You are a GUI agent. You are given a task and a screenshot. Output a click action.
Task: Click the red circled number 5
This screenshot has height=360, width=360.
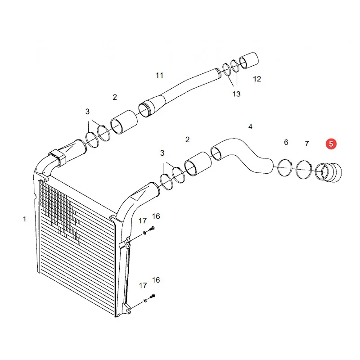(x=331, y=144)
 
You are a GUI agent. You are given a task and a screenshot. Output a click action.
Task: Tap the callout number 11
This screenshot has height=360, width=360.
(x=159, y=75)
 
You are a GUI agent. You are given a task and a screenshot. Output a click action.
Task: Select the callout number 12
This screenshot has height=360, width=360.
(x=257, y=79)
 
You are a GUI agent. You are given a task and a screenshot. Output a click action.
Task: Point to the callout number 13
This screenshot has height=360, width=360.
(x=236, y=94)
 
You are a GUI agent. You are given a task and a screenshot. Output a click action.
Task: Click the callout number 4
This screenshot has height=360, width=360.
(x=250, y=126)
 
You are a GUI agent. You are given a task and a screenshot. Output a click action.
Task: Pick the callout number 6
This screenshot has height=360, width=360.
(x=286, y=142)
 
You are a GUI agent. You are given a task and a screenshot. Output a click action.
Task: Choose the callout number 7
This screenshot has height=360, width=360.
(x=307, y=144)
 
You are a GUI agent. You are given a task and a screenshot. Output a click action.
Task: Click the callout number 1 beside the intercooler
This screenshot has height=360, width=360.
(x=25, y=219)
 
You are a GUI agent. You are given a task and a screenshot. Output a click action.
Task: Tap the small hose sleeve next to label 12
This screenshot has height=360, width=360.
(x=249, y=60)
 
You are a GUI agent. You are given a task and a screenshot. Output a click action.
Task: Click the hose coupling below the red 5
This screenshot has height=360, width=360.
(x=328, y=172)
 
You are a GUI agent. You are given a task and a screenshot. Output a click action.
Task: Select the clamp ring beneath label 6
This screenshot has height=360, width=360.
(x=285, y=168)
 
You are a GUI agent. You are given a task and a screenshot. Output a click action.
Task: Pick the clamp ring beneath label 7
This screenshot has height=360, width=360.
(x=303, y=170)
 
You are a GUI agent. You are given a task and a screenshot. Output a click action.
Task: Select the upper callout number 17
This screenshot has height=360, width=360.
(x=142, y=221)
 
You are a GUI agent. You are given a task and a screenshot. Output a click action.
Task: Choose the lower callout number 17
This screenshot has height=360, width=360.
(x=143, y=285)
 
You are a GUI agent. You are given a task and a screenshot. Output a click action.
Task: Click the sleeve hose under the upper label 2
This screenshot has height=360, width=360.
(x=124, y=122)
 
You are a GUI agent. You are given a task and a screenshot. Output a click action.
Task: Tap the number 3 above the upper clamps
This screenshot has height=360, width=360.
(x=87, y=112)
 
